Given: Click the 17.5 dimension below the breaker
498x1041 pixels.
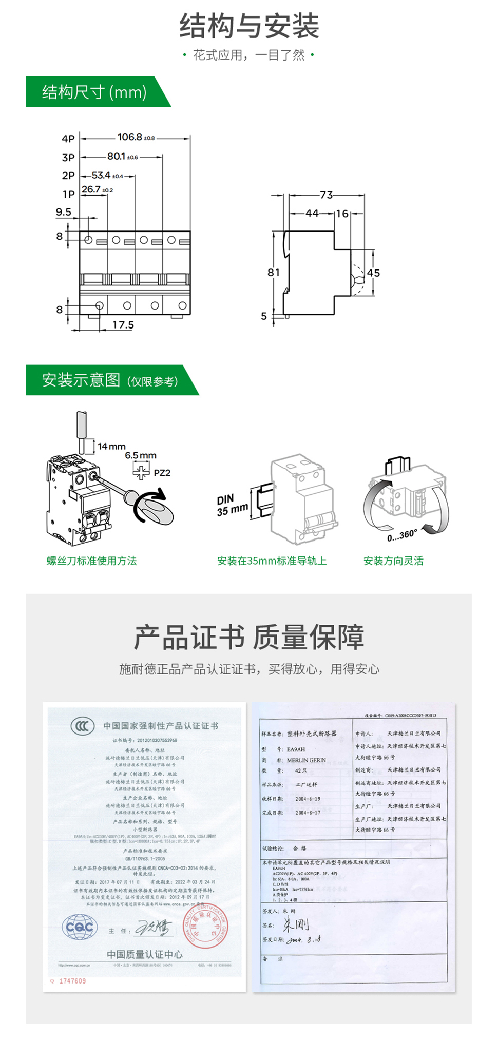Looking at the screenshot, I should pos(123,325).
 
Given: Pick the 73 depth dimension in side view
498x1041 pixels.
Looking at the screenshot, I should pos(326,195).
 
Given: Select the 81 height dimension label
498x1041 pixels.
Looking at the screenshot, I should pos(274,273).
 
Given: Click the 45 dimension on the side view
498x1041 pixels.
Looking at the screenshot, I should pos(373,273).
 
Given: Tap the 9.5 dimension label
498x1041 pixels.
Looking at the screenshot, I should pos(64,212).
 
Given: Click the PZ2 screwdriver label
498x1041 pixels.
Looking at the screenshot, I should pos(162,473).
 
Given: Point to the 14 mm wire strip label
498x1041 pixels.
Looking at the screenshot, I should pos(111,447).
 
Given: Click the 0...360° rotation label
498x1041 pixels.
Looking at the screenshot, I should pos(402,535).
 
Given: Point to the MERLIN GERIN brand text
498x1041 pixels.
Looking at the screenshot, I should pos(306,760).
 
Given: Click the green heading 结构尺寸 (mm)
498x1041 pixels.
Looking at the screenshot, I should pos(94,92).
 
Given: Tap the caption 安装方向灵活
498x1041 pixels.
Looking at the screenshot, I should pos(393,561).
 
